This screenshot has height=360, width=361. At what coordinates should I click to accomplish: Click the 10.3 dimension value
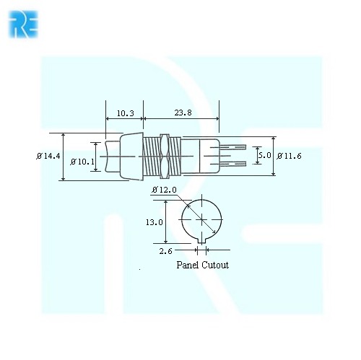[x=125, y=113]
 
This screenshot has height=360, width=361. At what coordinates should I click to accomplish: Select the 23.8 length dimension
[x=183, y=113]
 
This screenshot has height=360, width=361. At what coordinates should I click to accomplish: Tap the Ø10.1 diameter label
[x=83, y=162]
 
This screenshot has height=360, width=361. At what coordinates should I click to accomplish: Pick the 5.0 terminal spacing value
[x=264, y=155]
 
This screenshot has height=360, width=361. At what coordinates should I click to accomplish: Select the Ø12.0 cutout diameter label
[x=164, y=190]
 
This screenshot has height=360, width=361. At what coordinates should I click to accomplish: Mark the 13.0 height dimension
[x=155, y=223]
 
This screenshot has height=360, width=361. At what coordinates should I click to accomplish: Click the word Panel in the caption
[x=188, y=265]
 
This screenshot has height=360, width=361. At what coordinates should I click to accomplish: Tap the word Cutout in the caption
[x=215, y=265]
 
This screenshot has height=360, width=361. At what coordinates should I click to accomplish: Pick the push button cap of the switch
[x=123, y=156]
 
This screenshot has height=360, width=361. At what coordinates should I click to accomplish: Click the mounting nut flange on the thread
[x=168, y=156]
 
